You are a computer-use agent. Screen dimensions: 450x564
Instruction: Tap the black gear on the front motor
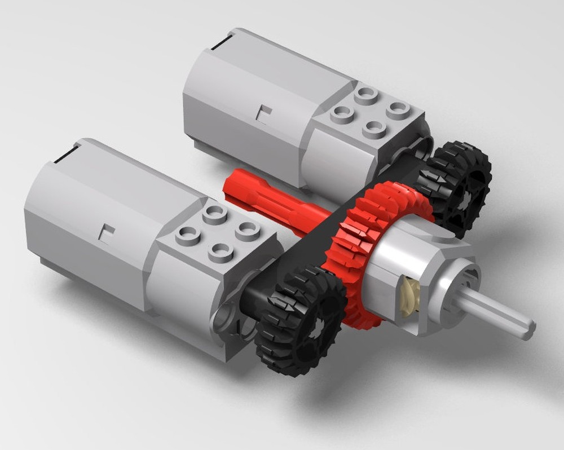pyautogui.click(x=299, y=316)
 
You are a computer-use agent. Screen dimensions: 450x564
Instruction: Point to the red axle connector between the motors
pyautogui.click(x=271, y=197)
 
